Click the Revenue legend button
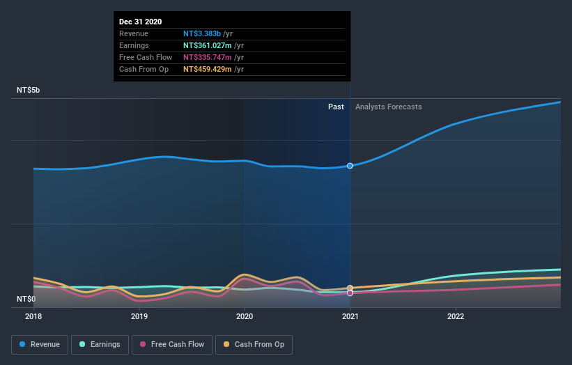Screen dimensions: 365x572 click(x=40, y=344)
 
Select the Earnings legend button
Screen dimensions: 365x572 click(x=100, y=344)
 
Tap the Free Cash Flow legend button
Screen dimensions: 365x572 click(x=172, y=344)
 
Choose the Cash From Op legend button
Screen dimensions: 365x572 click(x=254, y=344)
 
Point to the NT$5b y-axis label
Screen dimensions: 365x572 click(x=29, y=91)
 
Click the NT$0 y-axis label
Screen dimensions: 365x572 click(x=26, y=300)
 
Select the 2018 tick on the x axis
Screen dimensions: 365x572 click(x=33, y=316)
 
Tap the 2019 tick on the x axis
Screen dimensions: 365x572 click(x=139, y=316)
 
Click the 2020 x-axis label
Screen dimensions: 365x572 click(x=245, y=316)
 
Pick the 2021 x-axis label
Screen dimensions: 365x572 click(x=350, y=316)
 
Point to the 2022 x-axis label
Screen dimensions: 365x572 click(x=456, y=316)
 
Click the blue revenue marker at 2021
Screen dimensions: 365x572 click(x=350, y=166)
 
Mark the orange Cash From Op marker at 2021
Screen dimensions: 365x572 click(x=350, y=288)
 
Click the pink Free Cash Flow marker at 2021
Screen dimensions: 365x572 click(x=350, y=293)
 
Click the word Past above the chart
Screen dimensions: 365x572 click(x=336, y=107)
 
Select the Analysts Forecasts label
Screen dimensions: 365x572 click(x=388, y=107)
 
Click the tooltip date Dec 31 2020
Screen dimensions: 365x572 click(x=140, y=22)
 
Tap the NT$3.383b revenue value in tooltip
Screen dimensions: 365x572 click(x=202, y=33)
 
